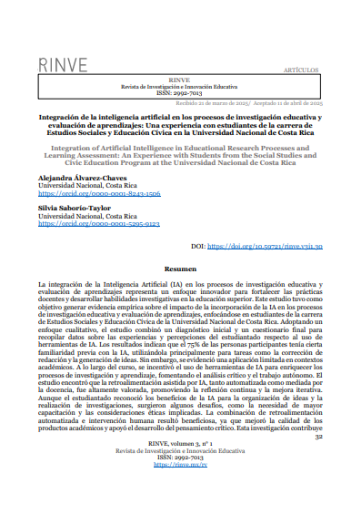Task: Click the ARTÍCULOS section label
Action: pos(301,70)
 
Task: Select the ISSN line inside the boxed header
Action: pos(179,93)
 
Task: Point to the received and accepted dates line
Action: pos(249,103)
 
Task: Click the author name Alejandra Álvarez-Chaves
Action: pos(82,178)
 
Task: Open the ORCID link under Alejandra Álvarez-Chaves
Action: pos(99,193)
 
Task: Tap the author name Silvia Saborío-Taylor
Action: pos(74,208)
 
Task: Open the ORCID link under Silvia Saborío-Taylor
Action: pos(99,224)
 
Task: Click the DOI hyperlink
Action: pos(265,246)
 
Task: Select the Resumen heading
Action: pos(180,269)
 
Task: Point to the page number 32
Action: pos(319,437)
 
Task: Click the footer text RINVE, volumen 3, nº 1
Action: pos(180,444)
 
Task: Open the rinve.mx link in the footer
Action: pos(180,464)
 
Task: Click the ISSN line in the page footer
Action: pos(180,458)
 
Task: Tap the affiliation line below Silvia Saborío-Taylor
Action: pos(88,216)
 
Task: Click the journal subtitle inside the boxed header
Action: pos(179,87)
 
